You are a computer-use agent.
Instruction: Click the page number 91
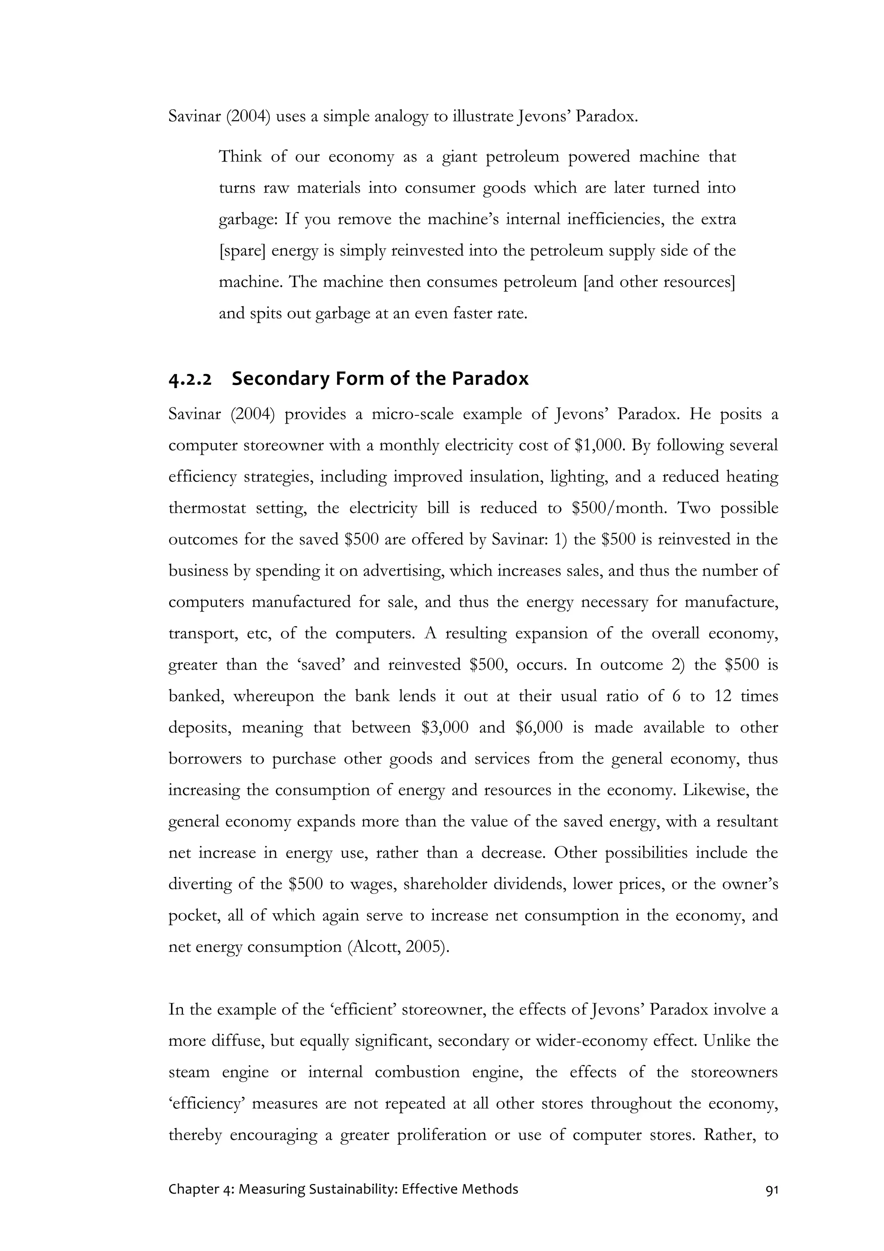pyautogui.click(x=771, y=1189)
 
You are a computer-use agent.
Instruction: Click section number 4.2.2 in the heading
pyautogui.click(x=189, y=379)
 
